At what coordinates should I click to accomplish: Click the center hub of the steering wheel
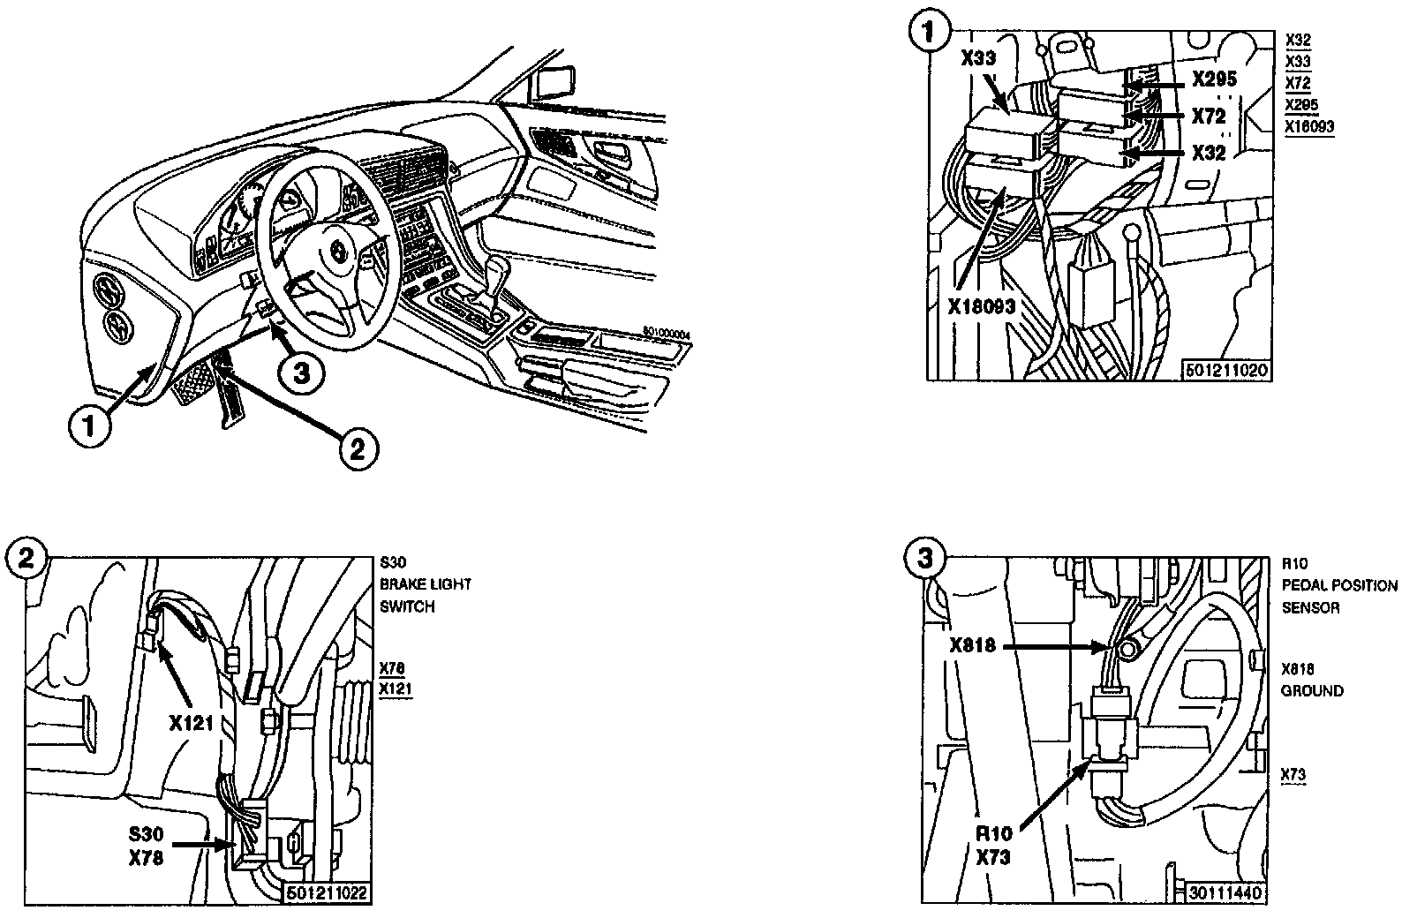[x=338, y=252]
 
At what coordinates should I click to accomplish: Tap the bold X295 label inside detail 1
[x=1214, y=79]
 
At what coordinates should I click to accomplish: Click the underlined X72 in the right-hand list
[x=1298, y=84]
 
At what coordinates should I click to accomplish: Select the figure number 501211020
[x=1227, y=370]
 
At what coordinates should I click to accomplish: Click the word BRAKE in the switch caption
[x=403, y=584]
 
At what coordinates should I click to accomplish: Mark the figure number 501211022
[x=328, y=893]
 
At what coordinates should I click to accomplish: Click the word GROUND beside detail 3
[x=1312, y=691]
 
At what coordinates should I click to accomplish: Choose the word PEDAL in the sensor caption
[x=1303, y=585]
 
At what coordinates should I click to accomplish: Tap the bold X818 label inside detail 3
[x=973, y=645]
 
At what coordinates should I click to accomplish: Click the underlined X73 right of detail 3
[x=1293, y=775]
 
